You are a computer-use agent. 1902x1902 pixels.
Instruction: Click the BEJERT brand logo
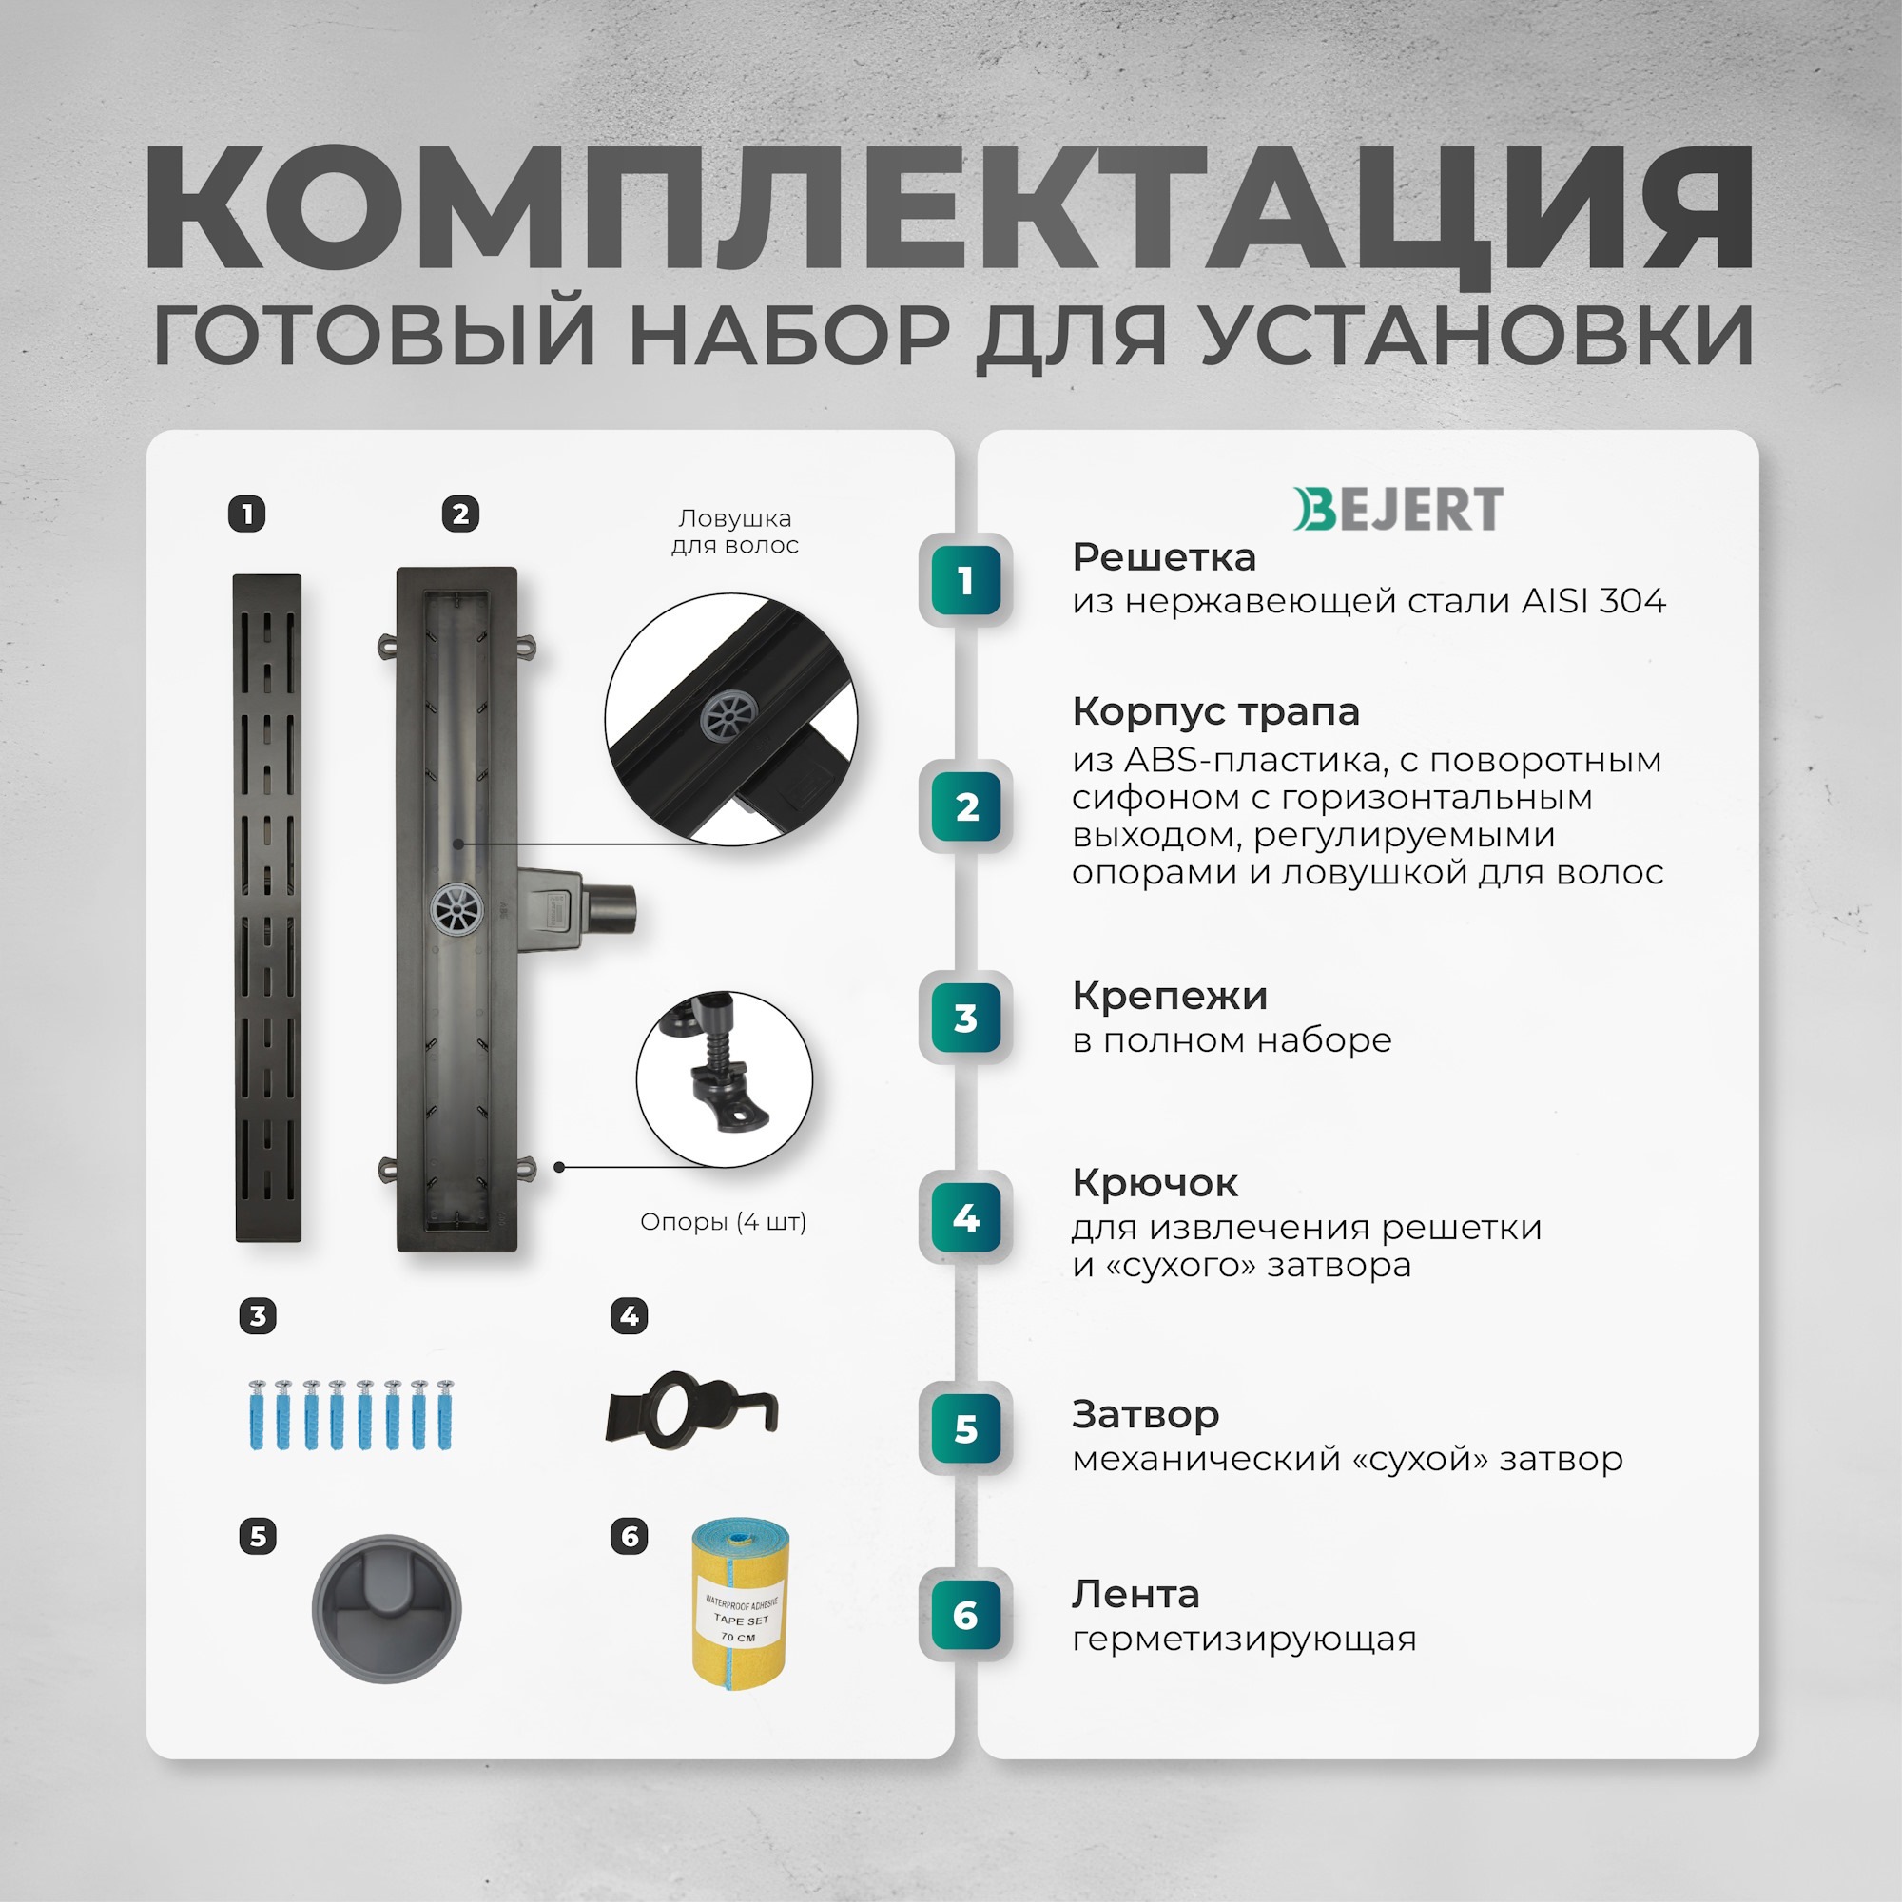[x=1397, y=509]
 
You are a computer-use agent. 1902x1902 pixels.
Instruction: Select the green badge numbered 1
[x=966, y=580]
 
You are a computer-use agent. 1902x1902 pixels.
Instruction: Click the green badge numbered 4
[x=966, y=1218]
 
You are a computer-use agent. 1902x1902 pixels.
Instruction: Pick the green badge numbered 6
[x=966, y=1616]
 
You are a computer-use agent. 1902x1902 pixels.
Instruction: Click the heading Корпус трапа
[x=1214, y=710]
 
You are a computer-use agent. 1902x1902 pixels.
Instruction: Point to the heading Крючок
[x=1154, y=1182]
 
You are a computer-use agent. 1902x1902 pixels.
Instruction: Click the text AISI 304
[x=1593, y=600]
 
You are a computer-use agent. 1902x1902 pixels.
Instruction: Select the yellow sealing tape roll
[x=740, y=1603]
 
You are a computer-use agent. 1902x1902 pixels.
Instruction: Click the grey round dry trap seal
[x=386, y=1607]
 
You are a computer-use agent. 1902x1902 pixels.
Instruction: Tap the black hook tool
[x=691, y=1410]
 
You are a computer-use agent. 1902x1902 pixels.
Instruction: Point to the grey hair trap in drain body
[x=456, y=907]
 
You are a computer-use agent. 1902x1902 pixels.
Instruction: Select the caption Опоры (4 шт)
[x=723, y=1222]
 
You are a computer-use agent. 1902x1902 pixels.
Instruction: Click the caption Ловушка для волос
[x=734, y=532]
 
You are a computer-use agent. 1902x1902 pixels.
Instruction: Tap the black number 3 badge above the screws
[x=258, y=1316]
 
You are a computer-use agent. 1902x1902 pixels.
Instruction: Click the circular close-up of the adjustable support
[x=724, y=1080]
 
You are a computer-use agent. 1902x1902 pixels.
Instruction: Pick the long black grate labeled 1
[x=268, y=907]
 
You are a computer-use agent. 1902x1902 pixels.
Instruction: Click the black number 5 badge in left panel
[x=258, y=1536]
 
